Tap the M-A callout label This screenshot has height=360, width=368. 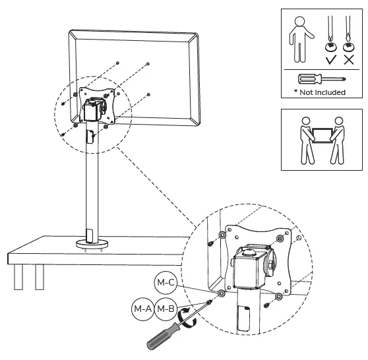point(143,307)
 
